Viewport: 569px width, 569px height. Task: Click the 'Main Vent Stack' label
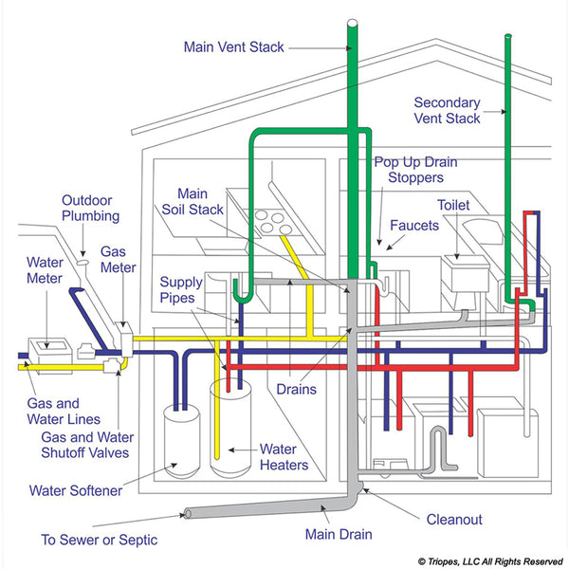click(x=231, y=46)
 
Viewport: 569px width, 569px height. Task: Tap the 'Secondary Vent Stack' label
click(x=448, y=110)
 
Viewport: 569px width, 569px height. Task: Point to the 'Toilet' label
click(x=453, y=205)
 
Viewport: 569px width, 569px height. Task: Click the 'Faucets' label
click(x=414, y=227)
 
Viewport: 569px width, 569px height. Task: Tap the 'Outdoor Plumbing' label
click(x=91, y=208)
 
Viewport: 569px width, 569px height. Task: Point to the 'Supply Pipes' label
click(x=180, y=290)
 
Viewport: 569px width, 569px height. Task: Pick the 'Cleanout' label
click(x=453, y=519)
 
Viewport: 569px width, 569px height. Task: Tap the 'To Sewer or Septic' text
click(x=99, y=541)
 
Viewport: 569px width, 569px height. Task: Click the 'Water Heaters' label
click(x=284, y=456)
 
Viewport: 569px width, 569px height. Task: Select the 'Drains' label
click(x=297, y=389)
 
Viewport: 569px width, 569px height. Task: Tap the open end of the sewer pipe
click(x=187, y=516)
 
